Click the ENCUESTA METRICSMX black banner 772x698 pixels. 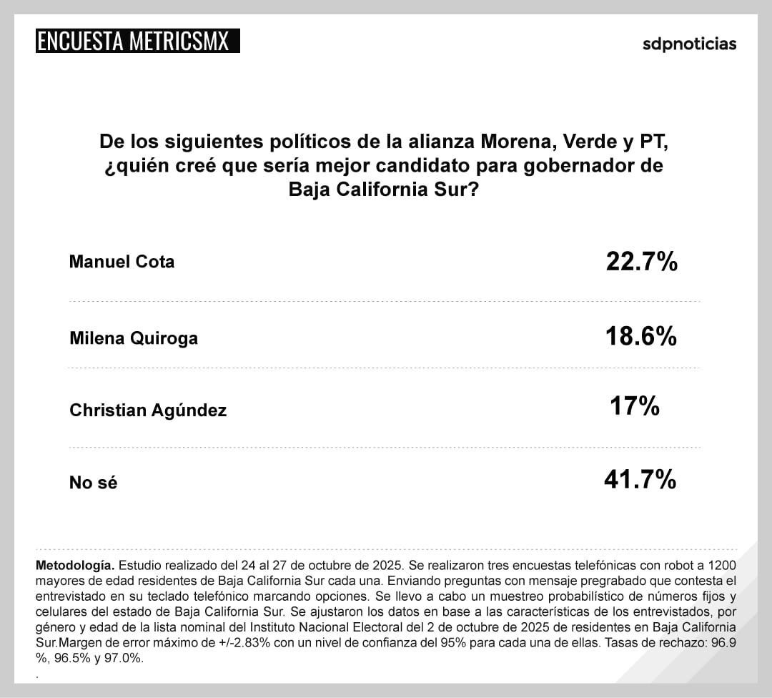(137, 41)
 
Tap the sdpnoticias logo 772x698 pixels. (689, 44)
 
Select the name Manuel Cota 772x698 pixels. (122, 262)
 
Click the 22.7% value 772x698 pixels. (641, 262)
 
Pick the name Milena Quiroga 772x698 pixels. (134, 338)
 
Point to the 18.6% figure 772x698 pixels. (641, 335)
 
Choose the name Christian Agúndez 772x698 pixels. (148, 411)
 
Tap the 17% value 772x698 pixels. (634, 407)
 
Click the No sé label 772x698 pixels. (93, 483)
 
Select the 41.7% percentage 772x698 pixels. (640, 480)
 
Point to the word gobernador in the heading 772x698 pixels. (599, 167)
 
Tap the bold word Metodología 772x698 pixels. (74, 564)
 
